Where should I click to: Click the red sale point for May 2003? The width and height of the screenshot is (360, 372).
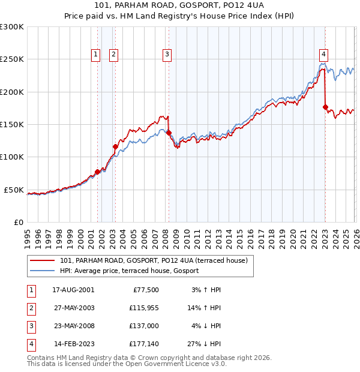[x=116, y=146]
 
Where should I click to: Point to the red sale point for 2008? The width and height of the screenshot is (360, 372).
[x=169, y=133]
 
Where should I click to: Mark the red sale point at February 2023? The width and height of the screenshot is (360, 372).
[x=325, y=107]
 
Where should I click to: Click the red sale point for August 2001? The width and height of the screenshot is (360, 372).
[x=97, y=172]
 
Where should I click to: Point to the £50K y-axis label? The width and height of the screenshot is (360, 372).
[x=14, y=190]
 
